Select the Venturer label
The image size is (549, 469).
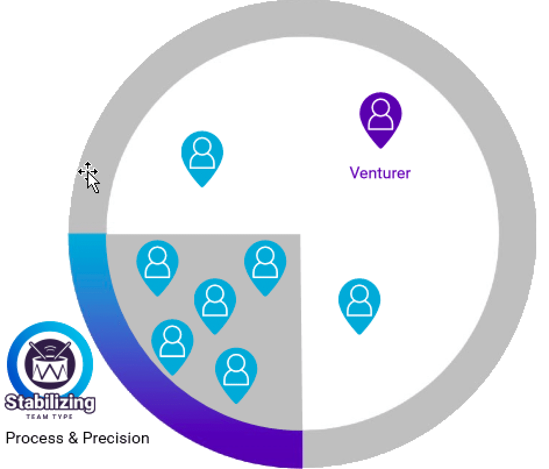coord(380,173)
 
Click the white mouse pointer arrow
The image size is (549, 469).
coord(92,182)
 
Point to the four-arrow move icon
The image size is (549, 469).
coord(88,171)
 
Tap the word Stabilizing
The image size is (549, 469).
coord(49,403)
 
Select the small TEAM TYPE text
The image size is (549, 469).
coord(49,417)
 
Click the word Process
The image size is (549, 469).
coord(35,438)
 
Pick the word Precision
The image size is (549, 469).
coord(116,438)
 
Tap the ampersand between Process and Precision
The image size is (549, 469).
coord(73,438)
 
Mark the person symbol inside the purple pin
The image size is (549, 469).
coord(380,114)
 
